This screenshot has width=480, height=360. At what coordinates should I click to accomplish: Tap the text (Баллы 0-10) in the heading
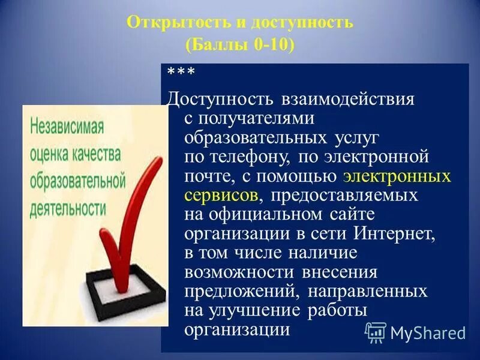(240, 45)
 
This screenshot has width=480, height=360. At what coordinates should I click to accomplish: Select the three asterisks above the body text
(180, 73)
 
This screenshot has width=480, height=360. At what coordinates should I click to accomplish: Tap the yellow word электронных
(397, 177)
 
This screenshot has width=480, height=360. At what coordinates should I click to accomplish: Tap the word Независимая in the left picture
(67, 128)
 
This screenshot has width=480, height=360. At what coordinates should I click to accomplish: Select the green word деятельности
(68, 208)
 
